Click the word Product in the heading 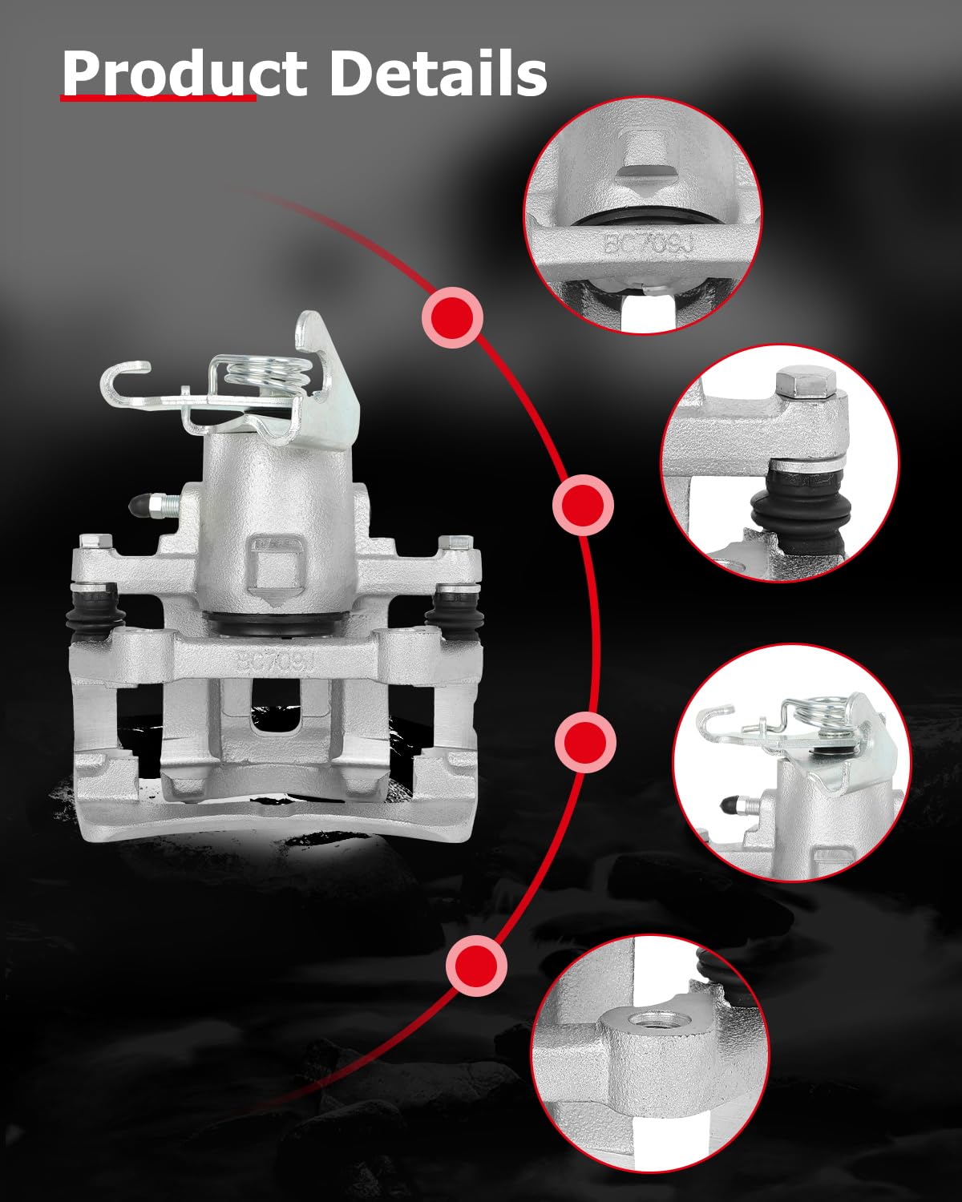pos(184,74)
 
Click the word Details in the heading pos(439,73)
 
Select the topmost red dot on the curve pos(453,318)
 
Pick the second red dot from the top pos(583,506)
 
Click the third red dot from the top pos(585,742)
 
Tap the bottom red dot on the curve pos(477,965)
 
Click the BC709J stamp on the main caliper pos(276,663)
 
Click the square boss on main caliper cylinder pos(274,567)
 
